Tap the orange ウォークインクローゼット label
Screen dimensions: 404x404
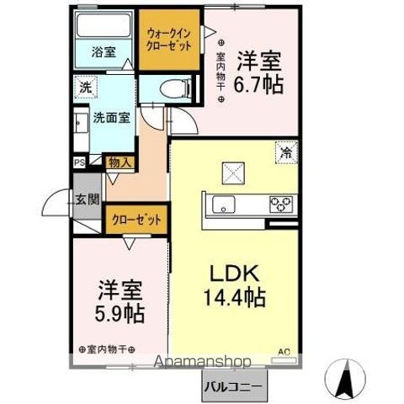[171, 39]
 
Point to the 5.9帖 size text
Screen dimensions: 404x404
[120, 314]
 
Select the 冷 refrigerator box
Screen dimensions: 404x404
[285, 153]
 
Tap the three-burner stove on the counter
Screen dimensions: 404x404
[280, 203]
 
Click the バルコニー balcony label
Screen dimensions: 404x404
[233, 387]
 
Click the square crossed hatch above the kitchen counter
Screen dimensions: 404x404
[233, 172]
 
